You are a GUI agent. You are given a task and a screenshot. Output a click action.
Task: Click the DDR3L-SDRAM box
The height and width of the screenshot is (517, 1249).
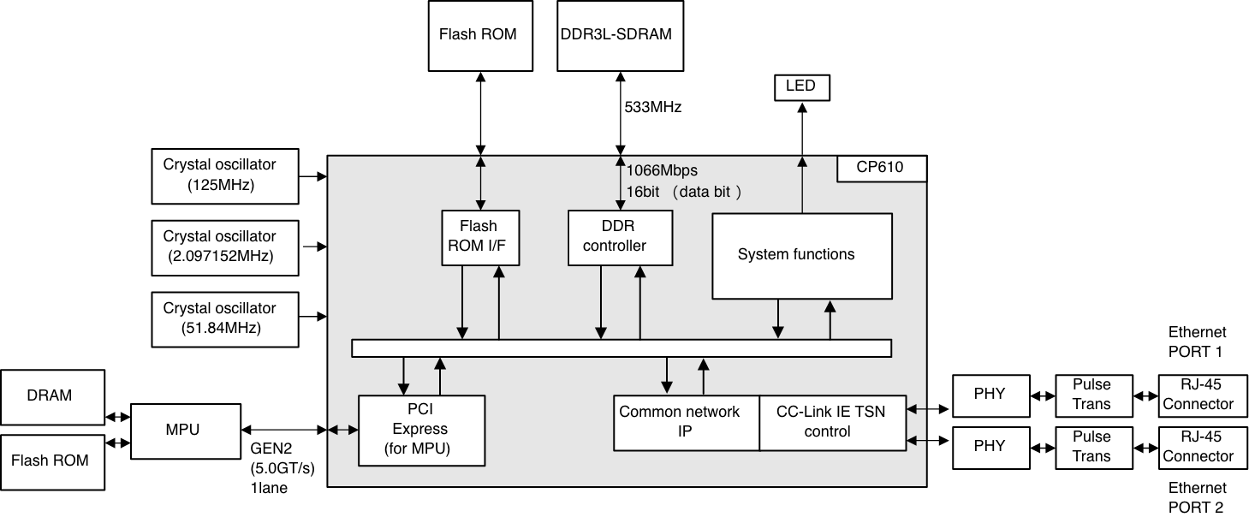click(x=621, y=35)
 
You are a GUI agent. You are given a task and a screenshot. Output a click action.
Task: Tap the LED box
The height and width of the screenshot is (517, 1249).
click(x=801, y=86)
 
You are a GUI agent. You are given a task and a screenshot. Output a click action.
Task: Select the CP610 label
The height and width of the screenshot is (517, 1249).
click(x=881, y=168)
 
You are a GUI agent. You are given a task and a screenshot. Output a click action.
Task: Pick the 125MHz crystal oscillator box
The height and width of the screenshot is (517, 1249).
click(x=226, y=176)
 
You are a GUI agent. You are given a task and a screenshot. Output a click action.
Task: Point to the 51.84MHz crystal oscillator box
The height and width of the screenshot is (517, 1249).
click(x=226, y=318)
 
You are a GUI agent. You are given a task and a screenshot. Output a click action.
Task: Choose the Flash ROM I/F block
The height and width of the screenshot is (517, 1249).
click(x=479, y=237)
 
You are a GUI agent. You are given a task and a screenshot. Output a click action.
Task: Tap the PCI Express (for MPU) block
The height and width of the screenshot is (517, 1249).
click(x=421, y=430)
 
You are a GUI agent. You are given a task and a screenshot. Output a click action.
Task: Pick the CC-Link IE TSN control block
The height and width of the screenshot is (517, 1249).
click(x=832, y=422)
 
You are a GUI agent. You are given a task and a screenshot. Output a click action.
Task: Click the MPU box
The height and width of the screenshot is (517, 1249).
click(x=184, y=430)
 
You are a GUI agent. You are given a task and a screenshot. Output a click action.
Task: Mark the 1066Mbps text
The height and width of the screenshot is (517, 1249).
click(x=663, y=169)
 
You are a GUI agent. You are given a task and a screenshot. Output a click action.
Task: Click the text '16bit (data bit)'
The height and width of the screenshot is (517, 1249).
click(x=683, y=192)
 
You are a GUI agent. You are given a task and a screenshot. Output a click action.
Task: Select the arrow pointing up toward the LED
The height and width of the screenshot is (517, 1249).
click(x=801, y=184)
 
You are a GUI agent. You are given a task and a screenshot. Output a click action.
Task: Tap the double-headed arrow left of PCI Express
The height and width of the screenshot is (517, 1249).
click(x=343, y=430)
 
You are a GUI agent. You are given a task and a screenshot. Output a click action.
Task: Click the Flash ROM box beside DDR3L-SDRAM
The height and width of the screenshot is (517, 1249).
click(x=477, y=35)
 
